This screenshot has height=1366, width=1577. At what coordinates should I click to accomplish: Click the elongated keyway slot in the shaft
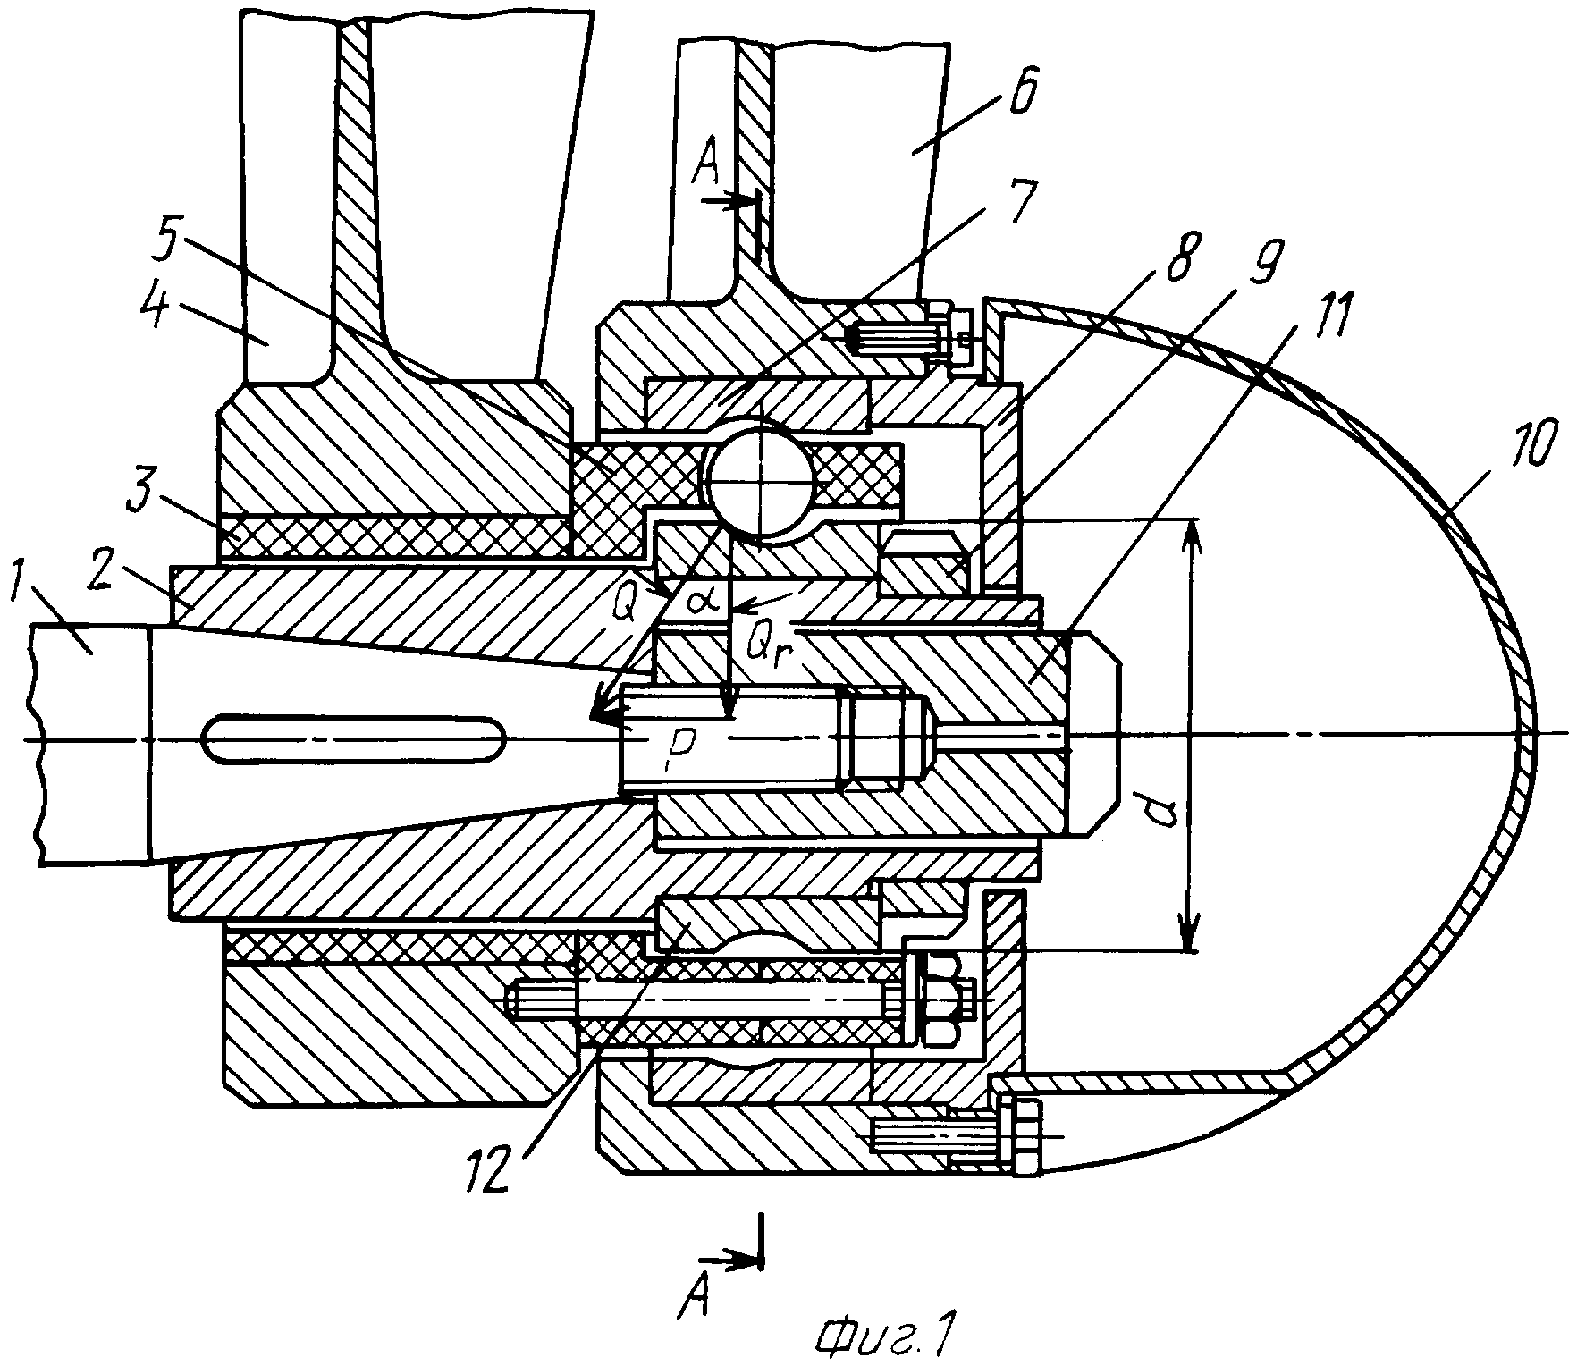pos(354,738)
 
